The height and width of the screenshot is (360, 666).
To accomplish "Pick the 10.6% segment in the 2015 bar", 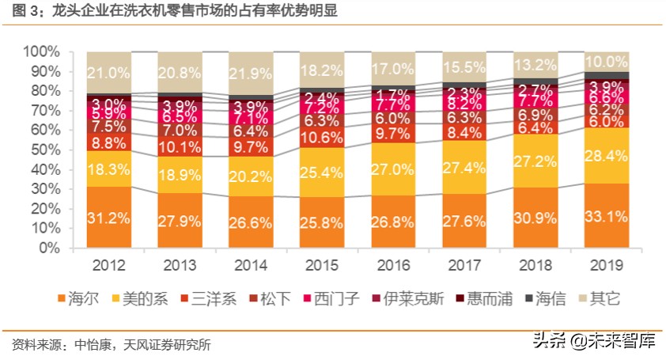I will [x=323, y=137].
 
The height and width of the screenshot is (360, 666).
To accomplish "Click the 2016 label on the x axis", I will [x=393, y=265].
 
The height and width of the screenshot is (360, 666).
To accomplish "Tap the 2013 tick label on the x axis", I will [x=180, y=265].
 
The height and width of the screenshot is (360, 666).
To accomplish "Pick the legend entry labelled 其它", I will [x=605, y=298].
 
